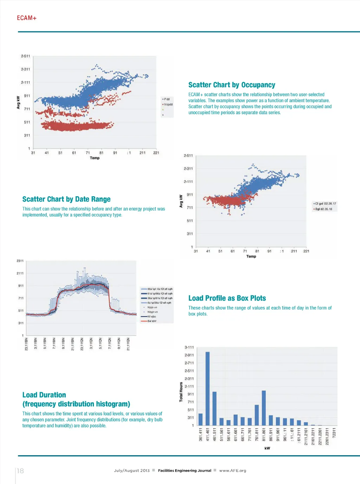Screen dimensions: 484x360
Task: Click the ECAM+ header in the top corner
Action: [x=27, y=18]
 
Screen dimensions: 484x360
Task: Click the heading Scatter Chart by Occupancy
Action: [x=232, y=85]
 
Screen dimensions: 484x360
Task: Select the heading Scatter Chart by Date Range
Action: [x=66, y=199]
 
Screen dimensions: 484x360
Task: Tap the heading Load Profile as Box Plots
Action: [x=227, y=298]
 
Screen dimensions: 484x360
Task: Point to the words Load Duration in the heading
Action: [x=44, y=395]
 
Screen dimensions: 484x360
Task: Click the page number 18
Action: [x=20, y=471]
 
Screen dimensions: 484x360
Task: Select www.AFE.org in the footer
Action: [x=233, y=471]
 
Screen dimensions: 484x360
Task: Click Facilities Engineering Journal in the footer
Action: [x=185, y=471]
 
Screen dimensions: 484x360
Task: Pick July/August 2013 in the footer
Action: [x=132, y=471]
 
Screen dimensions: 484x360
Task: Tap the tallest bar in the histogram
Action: [x=207, y=388]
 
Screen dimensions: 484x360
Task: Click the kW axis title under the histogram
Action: [x=267, y=448]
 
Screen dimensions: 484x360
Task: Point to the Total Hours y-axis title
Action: [x=181, y=392]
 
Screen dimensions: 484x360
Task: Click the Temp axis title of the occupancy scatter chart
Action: [x=95, y=158]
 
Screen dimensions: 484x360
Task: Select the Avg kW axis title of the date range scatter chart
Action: [x=181, y=201]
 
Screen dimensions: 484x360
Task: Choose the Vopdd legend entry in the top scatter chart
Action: [x=168, y=104]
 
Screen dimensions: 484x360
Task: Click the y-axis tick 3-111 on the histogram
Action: [x=189, y=348]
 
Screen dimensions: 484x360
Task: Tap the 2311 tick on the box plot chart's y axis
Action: [x=20, y=261]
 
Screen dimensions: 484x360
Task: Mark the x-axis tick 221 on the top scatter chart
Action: [x=156, y=153]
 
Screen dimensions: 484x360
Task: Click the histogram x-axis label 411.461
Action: [x=207, y=435]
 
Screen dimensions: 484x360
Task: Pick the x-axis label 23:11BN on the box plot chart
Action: [x=26, y=344]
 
